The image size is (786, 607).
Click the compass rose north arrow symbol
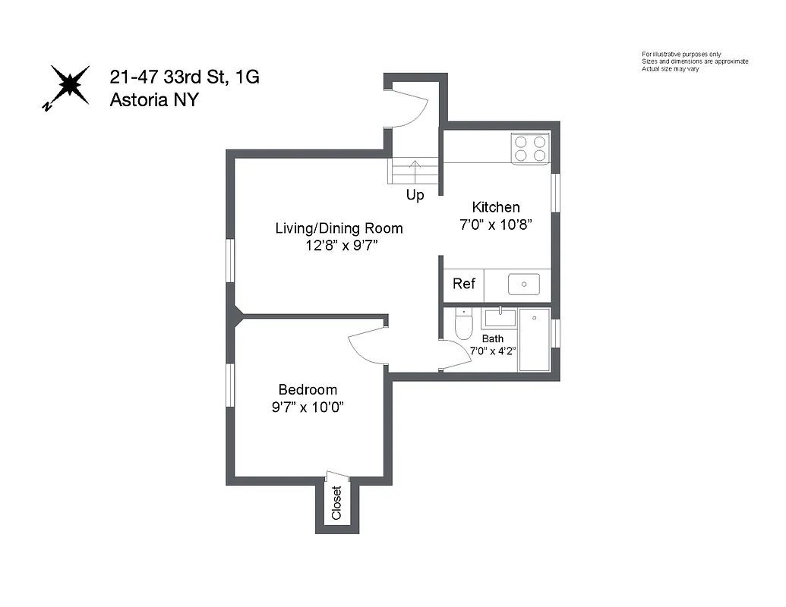pyautogui.click(x=69, y=84)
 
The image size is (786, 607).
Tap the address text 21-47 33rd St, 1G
pyautogui.click(x=185, y=77)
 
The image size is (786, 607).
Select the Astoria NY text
pyautogui.click(x=154, y=99)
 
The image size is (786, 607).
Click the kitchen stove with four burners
pyautogui.click(x=530, y=148)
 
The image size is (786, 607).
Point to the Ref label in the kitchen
pyautogui.click(x=464, y=284)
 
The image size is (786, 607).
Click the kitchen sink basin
pyautogui.click(x=524, y=285)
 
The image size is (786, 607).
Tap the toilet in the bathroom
pyautogui.click(x=463, y=325)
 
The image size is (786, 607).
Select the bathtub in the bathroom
pyautogui.click(x=534, y=339)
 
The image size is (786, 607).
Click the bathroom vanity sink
pyautogui.click(x=499, y=316)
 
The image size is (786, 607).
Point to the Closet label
pyautogui.click(x=336, y=502)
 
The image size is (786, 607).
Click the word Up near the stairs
pyautogui.click(x=415, y=195)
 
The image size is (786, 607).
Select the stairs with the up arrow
pyautogui.click(x=415, y=171)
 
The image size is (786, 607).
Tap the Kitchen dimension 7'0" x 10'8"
pyautogui.click(x=497, y=225)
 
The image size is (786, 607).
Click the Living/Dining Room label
pyautogui.click(x=339, y=228)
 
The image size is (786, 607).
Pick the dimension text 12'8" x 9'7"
pyautogui.click(x=339, y=246)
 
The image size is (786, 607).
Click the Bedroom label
pyautogui.click(x=308, y=390)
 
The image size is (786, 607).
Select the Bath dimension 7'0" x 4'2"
pyautogui.click(x=493, y=351)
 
